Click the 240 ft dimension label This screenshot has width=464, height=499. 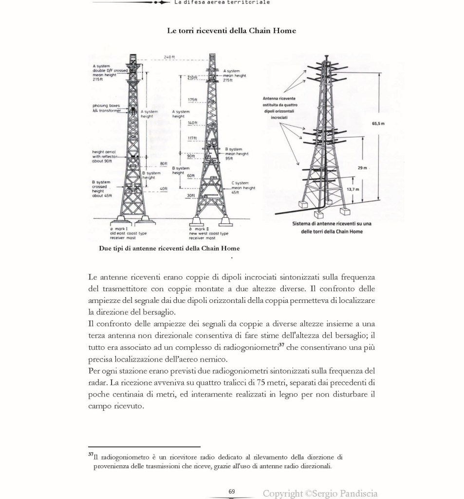(169, 58)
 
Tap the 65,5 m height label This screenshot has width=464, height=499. (378, 123)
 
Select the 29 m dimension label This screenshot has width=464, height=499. (362, 168)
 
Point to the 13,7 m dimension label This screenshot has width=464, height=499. (353, 189)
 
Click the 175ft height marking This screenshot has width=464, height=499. (192, 100)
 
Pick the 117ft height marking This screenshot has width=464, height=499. (192, 139)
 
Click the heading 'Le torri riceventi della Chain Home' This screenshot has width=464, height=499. (231, 31)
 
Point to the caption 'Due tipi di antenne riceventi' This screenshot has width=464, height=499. (169, 248)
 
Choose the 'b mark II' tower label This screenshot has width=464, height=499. (198, 229)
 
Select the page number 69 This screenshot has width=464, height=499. (232, 491)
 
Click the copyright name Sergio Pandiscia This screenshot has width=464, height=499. (347, 494)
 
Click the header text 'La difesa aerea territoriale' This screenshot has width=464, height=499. (222, 2)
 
